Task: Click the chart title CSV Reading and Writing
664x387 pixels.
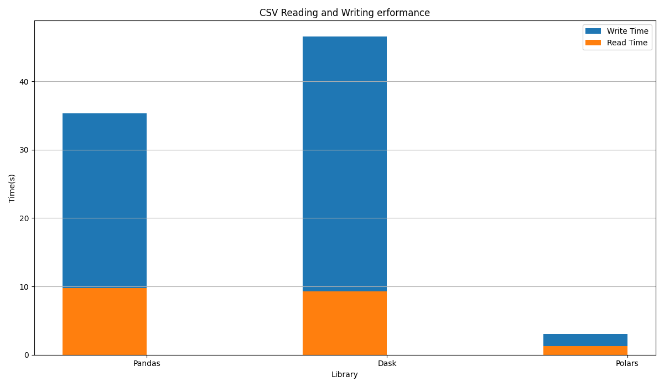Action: click(344, 13)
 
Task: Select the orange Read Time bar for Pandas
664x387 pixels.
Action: click(105, 321)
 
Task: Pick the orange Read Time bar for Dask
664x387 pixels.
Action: click(345, 323)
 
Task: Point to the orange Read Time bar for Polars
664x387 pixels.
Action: click(585, 351)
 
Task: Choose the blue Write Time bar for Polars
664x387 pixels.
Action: click(585, 340)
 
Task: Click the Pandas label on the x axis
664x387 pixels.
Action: click(147, 364)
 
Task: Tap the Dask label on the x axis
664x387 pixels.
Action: click(387, 364)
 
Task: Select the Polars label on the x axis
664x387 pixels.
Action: click(627, 364)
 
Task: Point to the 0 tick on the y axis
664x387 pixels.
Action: click(26, 355)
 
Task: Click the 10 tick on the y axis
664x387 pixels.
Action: click(24, 286)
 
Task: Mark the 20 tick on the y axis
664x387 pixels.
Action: click(24, 218)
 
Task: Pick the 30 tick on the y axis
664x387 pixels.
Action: click(24, 150)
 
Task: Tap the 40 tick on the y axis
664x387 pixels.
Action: click(24, 82)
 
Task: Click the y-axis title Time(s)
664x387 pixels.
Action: click(12, 188)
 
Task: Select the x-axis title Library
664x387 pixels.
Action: click(344, 375)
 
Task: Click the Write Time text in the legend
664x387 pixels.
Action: click(627, 32)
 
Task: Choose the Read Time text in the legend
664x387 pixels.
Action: click(626, 43)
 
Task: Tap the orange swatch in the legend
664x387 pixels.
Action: click(593, 43)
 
